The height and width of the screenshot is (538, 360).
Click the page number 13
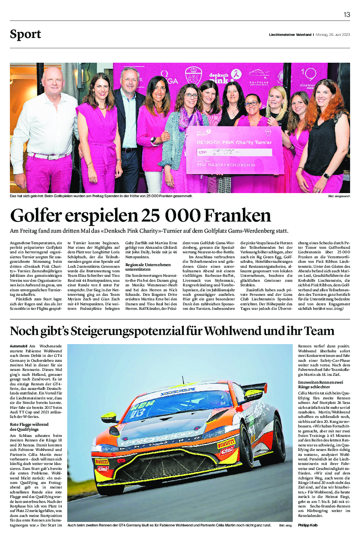pyautogui.click(x=347, y=14)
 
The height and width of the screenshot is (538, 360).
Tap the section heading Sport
pyautogui.click(x=26, y=35)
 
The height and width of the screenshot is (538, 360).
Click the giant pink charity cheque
pyautogui.click(x=234, y=151)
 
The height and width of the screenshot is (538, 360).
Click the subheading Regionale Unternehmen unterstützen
pyautogui.click(x=142, y=267)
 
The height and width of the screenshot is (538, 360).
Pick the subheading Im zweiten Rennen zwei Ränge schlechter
pyautogui.click(x=314, y=385)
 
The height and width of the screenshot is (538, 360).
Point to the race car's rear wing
pyautogui.click(x=254, y=389)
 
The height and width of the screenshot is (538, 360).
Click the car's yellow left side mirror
pyautogui.click(x=109, y=417)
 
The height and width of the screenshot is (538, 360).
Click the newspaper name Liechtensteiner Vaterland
pyautogui.click(x=290, y=35)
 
